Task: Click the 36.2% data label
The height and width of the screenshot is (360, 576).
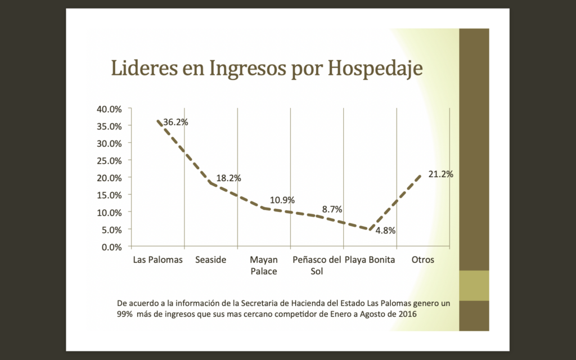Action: [x=175, y=121]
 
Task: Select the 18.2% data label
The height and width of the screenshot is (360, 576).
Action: [x=229, y=178]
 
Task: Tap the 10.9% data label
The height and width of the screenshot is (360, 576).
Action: [x=282, y=200]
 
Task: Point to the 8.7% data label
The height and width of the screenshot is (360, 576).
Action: [x=332, y=209]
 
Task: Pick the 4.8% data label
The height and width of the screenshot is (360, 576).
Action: [x=386, y=230]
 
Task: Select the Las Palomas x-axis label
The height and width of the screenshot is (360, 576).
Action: [x=158, y=260]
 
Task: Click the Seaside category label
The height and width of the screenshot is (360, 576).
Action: [x=211, y=260]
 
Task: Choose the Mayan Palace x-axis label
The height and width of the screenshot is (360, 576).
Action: [x=264, y=265]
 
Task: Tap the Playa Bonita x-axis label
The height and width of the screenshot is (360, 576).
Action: [x=370, y=260]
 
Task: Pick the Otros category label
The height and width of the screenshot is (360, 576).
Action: [x=423, y=260]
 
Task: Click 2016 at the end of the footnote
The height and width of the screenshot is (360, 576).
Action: [x=407, y=313]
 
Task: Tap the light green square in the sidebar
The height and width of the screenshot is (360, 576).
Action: [x=474, y=286]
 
